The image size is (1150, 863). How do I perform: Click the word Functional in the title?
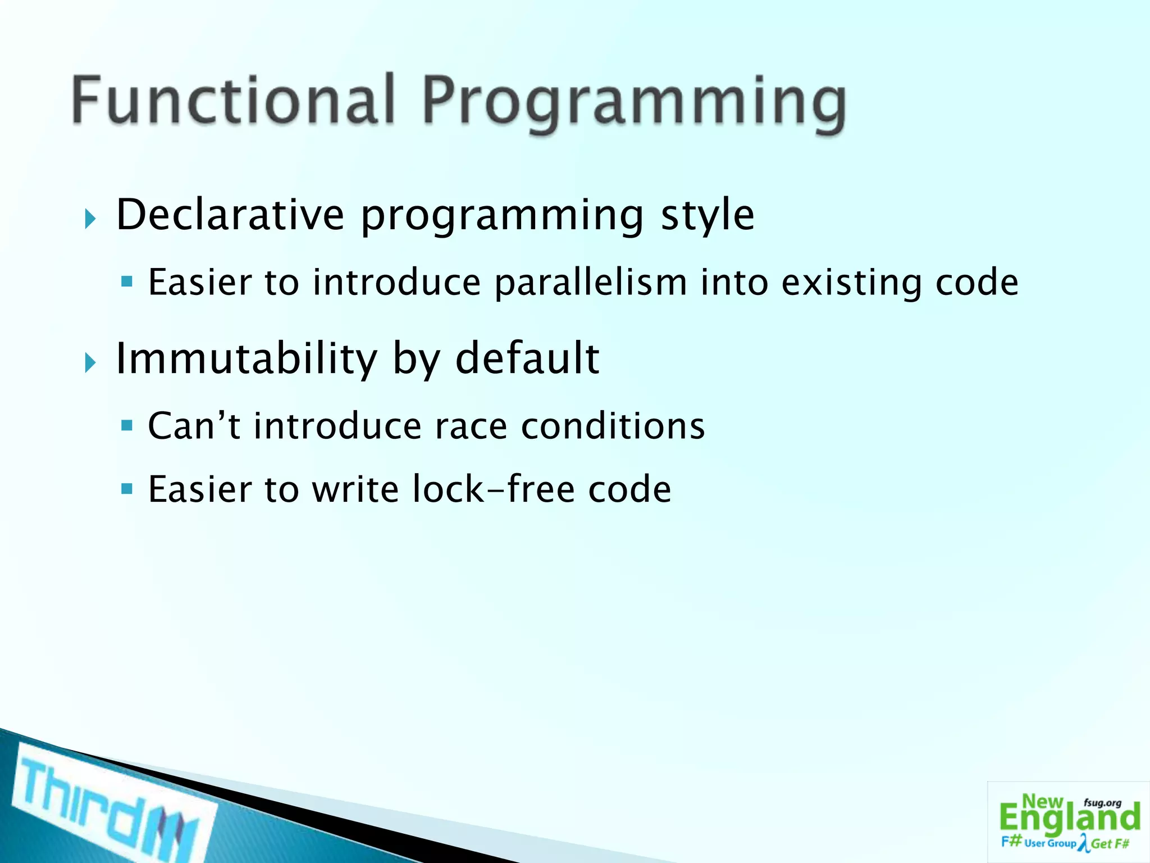[233, 101]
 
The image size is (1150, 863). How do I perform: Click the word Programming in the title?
[633, 104]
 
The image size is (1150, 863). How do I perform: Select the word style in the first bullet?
[707, 216]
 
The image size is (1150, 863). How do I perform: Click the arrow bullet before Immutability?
[90, 363]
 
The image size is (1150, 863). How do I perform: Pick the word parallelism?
[591, 282]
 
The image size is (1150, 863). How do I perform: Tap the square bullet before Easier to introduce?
[127, 281]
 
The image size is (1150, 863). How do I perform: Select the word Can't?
[194, 425]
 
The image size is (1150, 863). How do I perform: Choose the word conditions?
[613, 426]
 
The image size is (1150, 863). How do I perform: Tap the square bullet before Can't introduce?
[127, 425]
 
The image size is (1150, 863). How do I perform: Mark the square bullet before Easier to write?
[127, 489]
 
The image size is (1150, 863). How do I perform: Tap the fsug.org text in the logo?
[1102, 803]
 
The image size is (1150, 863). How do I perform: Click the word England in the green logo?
[1070, 819]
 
